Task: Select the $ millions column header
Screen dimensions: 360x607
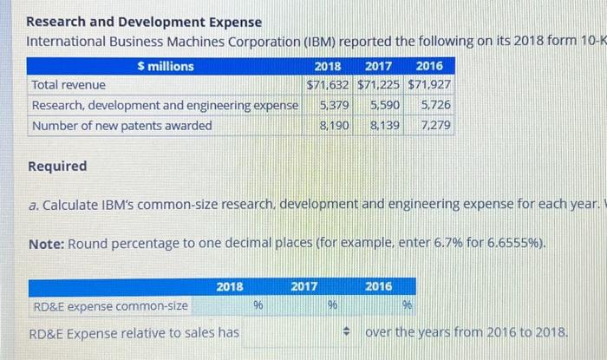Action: pyautogui.click(x=165, y=66)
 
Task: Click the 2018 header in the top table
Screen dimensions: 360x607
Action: pyautogui.click(x=327, y=66)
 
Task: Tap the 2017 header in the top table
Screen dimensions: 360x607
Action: pyautogui.click(x=378, y=66)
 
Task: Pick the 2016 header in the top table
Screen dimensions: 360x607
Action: pyautogui.click(x=428, y=66)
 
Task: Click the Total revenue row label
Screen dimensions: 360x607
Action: pyautogui.click(x=69, y=85)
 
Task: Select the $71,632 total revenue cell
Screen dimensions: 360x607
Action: pyautogui.click(x=329, y=85)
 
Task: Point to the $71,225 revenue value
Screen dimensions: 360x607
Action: pyautogui.click(x=378, y=85)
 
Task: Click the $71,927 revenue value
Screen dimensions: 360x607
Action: pyautogui.click(x=429, y=85)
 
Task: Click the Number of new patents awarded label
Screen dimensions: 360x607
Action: pyautogui.click(x=121, y=126)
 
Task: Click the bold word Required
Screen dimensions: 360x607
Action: pyautogui.click(x=57, y=166)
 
